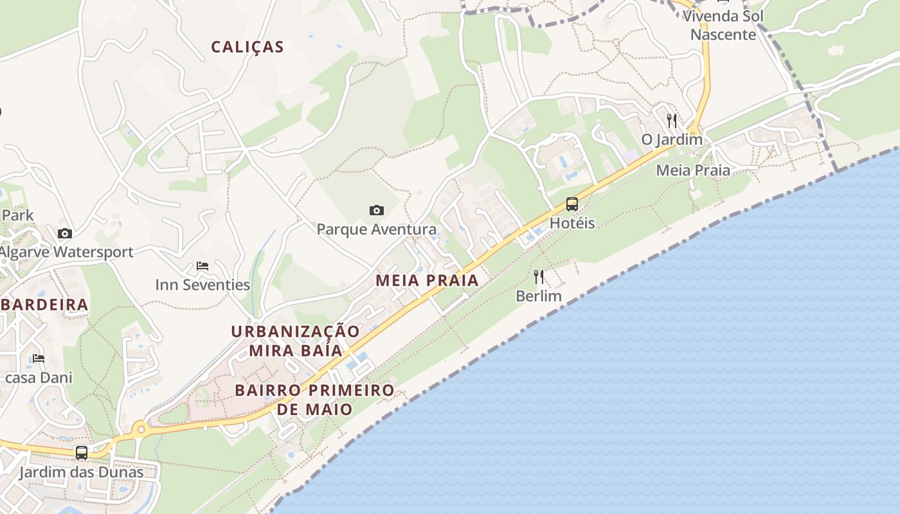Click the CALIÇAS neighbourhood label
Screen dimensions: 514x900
coord(248,47)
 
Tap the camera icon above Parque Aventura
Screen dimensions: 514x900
coord(377,210)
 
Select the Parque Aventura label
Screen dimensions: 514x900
coord(376,229)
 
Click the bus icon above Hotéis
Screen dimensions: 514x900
coord(572,204)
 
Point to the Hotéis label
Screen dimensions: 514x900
coord(572,223)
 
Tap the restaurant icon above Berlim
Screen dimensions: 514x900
coord(539,277)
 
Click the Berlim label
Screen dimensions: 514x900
coord(539,296)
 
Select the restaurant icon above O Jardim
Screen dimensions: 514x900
coord(672,120)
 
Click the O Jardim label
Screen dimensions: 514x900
coord(672,139)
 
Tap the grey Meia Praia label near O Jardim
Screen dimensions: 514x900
coord(693,170)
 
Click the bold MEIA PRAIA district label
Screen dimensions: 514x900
coord(427,280)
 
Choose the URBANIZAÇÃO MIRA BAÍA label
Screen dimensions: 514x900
coord(296,341)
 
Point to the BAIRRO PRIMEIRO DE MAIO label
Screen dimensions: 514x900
coord(314,400)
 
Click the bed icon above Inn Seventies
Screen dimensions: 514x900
coord(203,265)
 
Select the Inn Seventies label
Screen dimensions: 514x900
coord(203,285)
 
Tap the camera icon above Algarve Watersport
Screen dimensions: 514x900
coord(64,233)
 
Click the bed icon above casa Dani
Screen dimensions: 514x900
coord(39,358)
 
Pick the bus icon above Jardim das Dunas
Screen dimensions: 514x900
coord(82,452)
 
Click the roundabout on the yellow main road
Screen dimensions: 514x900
coord(140,429)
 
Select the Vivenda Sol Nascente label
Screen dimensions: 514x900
coord(723,25)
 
